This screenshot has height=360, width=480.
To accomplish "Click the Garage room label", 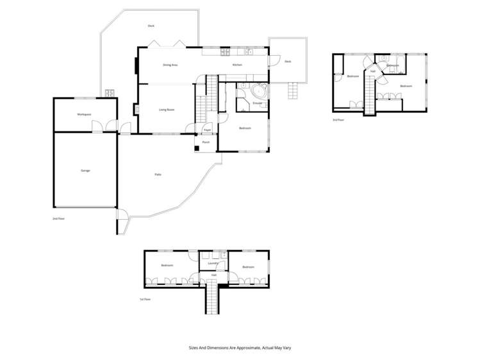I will [85, 170].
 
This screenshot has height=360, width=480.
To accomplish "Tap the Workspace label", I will [84, 114].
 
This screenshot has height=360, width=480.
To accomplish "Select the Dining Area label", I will [170, 65].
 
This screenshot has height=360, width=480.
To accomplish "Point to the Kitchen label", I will [236, 65].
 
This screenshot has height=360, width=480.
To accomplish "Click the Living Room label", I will [167, 110].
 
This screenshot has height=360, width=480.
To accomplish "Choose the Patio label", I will [158, 174].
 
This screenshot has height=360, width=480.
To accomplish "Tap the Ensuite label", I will [258, 102].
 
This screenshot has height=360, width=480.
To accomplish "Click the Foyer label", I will [207, 130].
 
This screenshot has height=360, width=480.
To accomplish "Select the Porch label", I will [206, 142].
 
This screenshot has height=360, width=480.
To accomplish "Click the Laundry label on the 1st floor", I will [213, 263].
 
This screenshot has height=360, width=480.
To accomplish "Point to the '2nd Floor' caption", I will [59, 218].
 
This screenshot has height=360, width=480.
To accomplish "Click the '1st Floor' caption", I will [145, 299].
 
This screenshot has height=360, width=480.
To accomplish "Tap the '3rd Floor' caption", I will [338, 120].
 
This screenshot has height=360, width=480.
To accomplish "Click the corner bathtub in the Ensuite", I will [244, 93].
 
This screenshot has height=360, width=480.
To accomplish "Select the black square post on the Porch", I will [198, 149].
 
